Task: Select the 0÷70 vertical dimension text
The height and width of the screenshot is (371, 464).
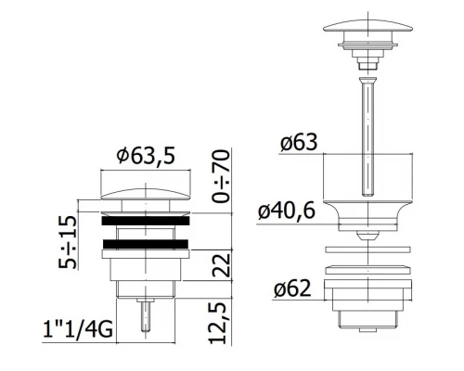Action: coord(222,176)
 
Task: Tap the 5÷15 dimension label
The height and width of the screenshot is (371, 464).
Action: coord(67,242)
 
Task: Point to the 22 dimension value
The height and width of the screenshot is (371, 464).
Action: coord(222,265)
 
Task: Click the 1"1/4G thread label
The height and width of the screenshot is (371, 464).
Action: coord(78,330)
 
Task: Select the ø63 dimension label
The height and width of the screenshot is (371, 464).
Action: coord(299,142)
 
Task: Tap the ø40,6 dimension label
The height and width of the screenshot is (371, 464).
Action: coord(287,211)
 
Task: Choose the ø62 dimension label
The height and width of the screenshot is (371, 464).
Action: coord(292,289)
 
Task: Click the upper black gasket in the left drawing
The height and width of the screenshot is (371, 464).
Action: coord(145,221)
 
